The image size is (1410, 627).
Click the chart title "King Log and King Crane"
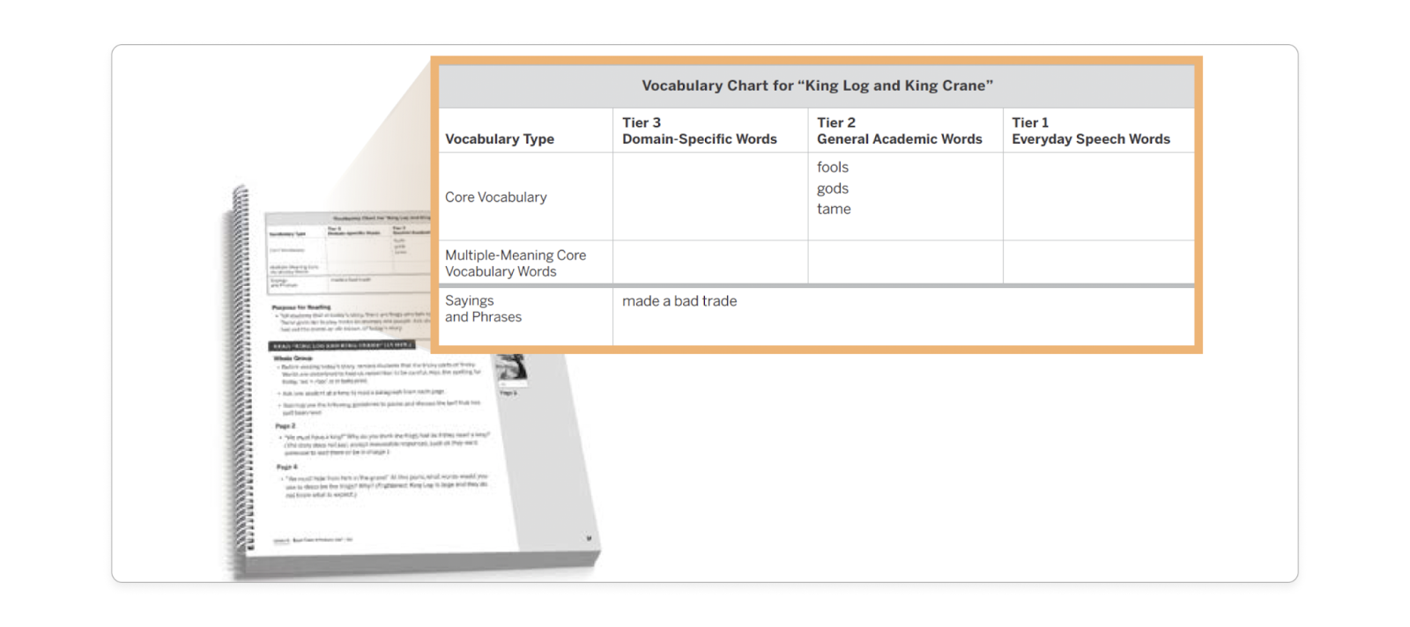pyautogui.click(x=817, y=85)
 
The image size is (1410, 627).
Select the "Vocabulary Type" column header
pyautogui.click(x=500, y=139)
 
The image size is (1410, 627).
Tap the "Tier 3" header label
pyautogui.click(x=641, y=122)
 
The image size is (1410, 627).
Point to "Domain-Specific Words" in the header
pyautogui.click(x=699, y=139)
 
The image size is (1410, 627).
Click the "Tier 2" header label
pyautogui.click(x=835, y=122)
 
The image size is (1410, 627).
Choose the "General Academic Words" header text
pyautogui.click(x=899, y=139)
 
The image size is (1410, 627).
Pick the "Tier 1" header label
pyautogui.click(x=1029, y=122)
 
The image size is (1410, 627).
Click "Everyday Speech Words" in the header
pyautogui.click(x=1090, y=139)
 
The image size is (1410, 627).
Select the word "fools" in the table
pyautogui.click(x=832, y=167)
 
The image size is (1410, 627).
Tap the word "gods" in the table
pyautogui.click(x=832, y=188)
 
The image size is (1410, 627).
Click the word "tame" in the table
pyautogui.click(x=833, y=209)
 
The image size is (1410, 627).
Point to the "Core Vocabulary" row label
pyautogui.click(x=495, y=197)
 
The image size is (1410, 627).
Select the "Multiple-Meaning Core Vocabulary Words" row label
pyautogui.click(x=515, y=263)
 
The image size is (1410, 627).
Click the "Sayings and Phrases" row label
pyautogui.click(x=483, y=309)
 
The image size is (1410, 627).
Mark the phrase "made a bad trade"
pyautogui.click(x=679, y=301)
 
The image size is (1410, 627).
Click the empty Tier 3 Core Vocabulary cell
pyautogui.click(x=709, y=196)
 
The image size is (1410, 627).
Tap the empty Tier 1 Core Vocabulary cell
pyautogui.click(x=1098, y=196)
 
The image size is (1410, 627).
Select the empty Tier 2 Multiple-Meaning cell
pyautogui.click(x=904, y=262)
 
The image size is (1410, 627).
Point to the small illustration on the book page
pyautogui.click(x=512, y=367)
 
